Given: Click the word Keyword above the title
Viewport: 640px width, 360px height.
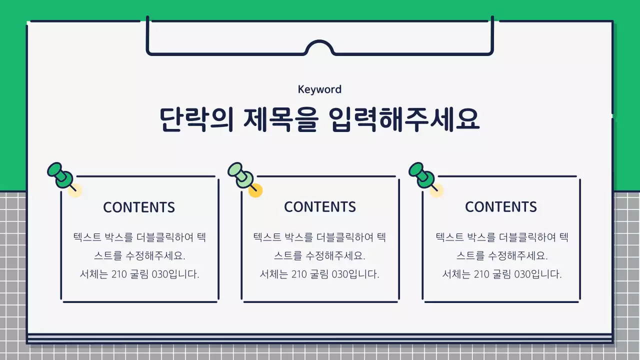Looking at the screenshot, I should pyautogui.click(x=319, y=89).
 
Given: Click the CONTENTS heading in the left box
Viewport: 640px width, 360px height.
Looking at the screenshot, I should pyautogui.click(x=139, y=207).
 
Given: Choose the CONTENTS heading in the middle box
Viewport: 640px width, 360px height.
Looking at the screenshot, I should pyautogui.click(x=320, y=207).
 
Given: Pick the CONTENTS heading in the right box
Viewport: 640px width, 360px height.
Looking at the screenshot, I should pyautogui.click(x=501, y=207).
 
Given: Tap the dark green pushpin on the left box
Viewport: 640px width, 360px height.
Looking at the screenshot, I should pyautogui.click(x=60, y=174).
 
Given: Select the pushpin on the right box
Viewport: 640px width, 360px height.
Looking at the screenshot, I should pyautogui.click(x=422, y=174).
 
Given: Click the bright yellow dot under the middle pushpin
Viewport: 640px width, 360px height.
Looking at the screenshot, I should pyautogui.click(x=255, y=190).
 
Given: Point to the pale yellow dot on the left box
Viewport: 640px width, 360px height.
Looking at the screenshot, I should pyautogui.click(x=75, y=190).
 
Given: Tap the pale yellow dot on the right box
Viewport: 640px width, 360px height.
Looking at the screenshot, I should pyautogui.click(x=436, y=190).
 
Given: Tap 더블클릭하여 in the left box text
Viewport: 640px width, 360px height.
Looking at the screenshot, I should pyautogui.click(x=165, y=237).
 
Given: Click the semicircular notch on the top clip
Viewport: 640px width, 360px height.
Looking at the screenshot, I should pyautogui.click(x=319, y=48).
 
